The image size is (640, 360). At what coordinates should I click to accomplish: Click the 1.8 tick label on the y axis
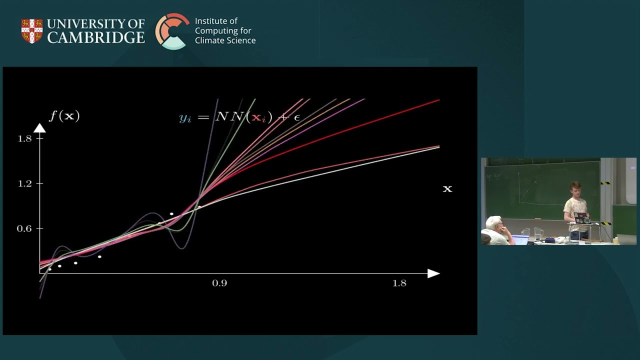24,138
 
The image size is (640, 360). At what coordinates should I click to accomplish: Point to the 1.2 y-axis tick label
24,183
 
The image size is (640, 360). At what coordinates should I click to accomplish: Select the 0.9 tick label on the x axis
219,283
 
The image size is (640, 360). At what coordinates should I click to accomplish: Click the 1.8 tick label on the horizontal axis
399,283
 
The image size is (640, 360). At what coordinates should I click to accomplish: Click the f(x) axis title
64,116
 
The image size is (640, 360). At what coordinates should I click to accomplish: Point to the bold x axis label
447,188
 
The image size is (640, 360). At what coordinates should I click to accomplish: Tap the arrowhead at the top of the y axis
39,128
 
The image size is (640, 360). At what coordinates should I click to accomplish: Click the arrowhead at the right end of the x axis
433,273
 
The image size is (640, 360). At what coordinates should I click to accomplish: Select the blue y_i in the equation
185,118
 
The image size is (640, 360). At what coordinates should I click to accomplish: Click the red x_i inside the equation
258,117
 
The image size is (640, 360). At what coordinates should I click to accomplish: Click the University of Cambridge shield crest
32,31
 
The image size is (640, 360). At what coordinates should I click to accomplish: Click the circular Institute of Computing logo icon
172,31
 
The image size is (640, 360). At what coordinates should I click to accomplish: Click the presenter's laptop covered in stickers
581,218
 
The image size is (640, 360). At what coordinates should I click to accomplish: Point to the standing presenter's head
574,189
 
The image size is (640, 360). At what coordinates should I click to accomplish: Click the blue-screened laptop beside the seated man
520,239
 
